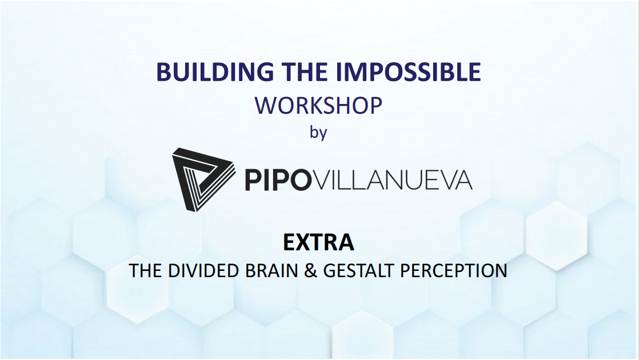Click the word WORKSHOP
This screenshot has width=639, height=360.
click(x=318, y=106)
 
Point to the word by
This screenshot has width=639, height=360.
click(x=318, y=133)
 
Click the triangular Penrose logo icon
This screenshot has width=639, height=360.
click(x=202, y=179)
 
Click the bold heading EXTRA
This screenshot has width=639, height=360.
click(x=318, y=242)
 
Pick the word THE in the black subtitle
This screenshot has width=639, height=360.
click(x=146, y=270)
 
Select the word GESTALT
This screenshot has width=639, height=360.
click(x=360, y=270)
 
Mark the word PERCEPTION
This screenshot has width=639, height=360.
click(x=453, y=270)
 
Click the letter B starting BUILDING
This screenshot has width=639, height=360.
click(x=163, y=72)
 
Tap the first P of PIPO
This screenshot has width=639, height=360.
click(x=253, y=180)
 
